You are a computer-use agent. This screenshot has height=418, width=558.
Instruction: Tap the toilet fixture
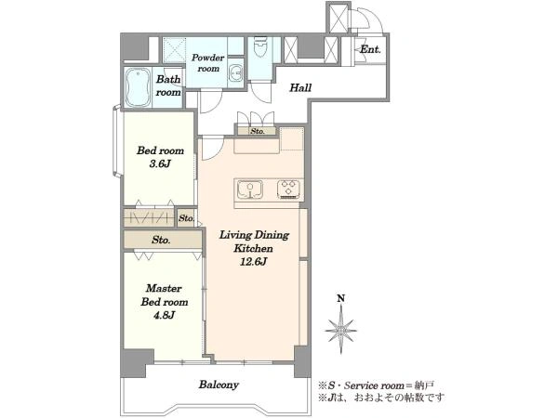coord(260,47)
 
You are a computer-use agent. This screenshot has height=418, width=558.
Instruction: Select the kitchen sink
coord(250,189)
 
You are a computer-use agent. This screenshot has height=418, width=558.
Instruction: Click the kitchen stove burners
coord(288,189)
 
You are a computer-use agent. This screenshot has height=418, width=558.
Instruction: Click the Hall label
coord(300,87)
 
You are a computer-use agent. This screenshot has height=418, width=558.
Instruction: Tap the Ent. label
coord(370,49)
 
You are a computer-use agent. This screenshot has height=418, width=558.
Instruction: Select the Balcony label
coord(219,385)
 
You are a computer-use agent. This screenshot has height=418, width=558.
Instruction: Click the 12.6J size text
coord(253,262)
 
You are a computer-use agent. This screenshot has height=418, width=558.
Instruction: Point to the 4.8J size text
coord(164,315)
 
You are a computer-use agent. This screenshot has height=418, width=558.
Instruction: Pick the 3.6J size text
coord(160,163)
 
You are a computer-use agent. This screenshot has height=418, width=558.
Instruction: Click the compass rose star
coord(341,330)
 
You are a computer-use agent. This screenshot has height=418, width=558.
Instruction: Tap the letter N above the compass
coord(341,298)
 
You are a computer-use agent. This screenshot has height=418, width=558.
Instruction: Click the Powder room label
coord(207,62)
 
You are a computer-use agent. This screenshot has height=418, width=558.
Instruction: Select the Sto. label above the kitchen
coord(258,131)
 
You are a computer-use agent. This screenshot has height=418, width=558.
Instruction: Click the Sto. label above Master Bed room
coord(161,240)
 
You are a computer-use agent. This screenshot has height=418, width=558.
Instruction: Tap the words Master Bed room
coord(164,295)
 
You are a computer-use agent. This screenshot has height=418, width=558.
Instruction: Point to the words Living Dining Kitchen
coord(254,242)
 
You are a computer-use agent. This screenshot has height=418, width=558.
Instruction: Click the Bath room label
coord(168,85)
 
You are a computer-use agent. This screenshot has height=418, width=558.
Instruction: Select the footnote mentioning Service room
coord(376,385)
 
